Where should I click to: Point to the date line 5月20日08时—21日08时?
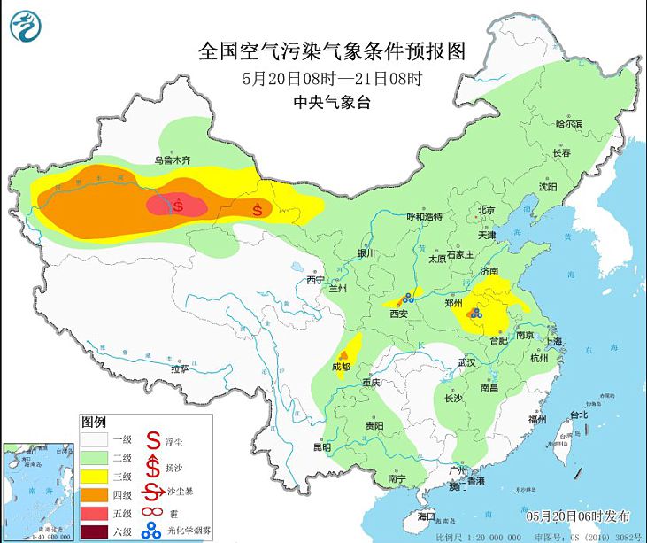[332, 78]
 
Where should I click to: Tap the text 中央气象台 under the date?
[332, 103]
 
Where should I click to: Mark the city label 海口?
[426, 515]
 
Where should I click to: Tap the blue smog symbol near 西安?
[408, 299]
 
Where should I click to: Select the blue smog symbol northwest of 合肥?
[475, 313]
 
